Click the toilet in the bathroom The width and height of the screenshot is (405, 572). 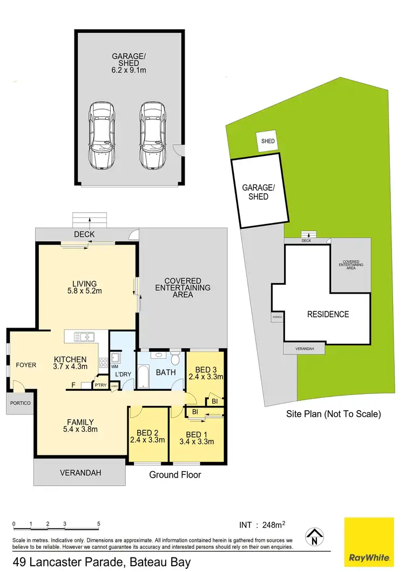pyautogui.click(x=175, y=358)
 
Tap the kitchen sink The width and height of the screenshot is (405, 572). pyautogui.click(x=84, y=337)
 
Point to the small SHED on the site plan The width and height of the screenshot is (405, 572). pyautogui.click(x=268, y=141)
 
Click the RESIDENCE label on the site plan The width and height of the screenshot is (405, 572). pyautogui.click(x=328, y=314)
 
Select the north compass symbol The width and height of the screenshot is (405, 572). pyautogui.click(x=314, y=536)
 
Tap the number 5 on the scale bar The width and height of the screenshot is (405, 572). pyautogui.click(x=99, y=523)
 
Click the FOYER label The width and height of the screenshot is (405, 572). pyautogui.click(x=25, y=365)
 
